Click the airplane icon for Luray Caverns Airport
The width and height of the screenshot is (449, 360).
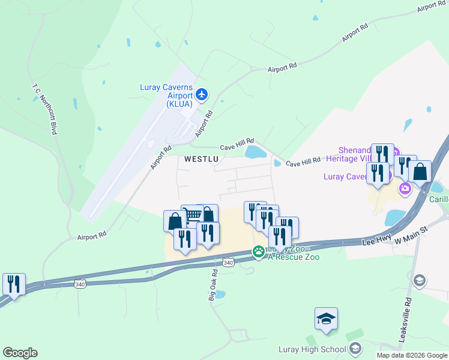click(202, 94)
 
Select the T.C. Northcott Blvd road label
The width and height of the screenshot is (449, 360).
click(44, 107)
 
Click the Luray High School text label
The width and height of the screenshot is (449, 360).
click(312, 349)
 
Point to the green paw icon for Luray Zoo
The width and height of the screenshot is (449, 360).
click(259, 252)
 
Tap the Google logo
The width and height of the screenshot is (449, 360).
click(20, 353)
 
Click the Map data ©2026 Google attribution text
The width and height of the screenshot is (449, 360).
click(412, 355)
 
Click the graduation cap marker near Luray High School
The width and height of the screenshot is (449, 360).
click(326, 319)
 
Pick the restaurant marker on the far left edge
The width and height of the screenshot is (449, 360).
click(13, 284)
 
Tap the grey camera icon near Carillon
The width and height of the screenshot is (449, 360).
click(405, 189)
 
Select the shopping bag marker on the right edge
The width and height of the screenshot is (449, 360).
click(420, 172)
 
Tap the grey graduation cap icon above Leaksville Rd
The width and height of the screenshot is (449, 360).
click(420, 280)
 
